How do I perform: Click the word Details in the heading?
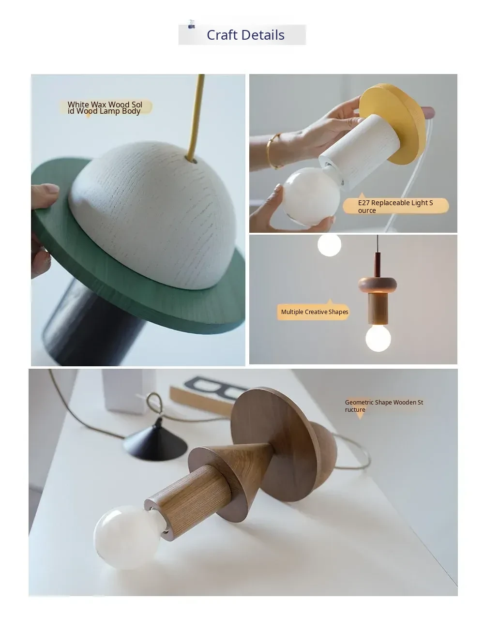point(263,35)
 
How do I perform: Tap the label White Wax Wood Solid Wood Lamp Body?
point(105,107)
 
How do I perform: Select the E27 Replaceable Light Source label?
point(395,206)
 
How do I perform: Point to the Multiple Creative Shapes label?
point(314,312)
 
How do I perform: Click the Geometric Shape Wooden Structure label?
point(384,406)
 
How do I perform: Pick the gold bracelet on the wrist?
point(272,151)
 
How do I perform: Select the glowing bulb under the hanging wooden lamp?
point(378,338)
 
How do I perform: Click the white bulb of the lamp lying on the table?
point(128,537)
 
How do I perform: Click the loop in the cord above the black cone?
point(154,403)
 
